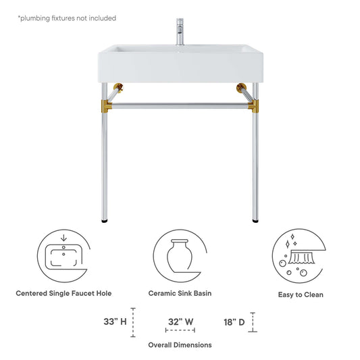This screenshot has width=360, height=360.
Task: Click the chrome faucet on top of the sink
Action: [x=180, y=32]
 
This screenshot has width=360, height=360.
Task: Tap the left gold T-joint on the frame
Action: [x=106, y=106]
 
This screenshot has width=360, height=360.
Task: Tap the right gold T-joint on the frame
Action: [x=254, y=106]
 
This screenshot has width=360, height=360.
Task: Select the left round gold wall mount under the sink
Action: [x=118, y=88]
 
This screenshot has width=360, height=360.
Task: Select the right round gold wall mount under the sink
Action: [x=241, y=88]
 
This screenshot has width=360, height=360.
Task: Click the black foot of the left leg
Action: [x=105, y=222]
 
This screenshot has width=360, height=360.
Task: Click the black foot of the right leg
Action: [x=255, y=222]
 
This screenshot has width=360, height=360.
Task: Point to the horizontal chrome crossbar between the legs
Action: [x=180, y=105]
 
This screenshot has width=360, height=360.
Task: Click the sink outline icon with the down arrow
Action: [x=63, y=255]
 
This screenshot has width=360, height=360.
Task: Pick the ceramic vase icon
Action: [x=180, y=255]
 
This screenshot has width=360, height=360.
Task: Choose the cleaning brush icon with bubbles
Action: [x=299, y=255]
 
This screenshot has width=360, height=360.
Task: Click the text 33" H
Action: [x=115, y=322]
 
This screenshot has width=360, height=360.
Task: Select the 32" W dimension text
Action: [x=180, y=322]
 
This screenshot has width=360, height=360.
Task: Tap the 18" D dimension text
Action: [x=234, y=322]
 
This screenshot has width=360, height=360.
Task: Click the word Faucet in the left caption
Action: [x=82, y=293]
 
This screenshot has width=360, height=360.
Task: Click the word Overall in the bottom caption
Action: [x=160, y=345]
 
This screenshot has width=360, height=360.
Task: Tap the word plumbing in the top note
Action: [x=34, y=18]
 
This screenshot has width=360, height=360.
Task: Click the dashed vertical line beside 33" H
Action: [x=133, y=322]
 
